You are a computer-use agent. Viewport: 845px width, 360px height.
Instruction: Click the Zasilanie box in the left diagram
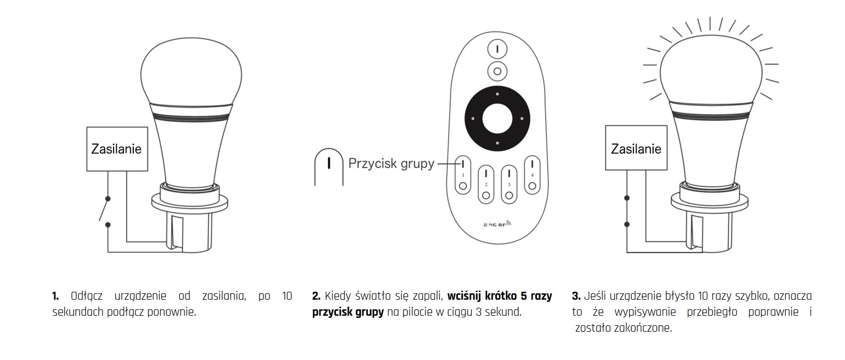tap(117, 149)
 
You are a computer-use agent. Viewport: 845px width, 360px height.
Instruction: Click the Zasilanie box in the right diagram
tap(636, 149)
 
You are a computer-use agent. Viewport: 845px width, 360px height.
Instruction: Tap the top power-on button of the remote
tap(497, 49)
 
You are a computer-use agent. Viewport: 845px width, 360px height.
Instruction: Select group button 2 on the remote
tap(486, 184)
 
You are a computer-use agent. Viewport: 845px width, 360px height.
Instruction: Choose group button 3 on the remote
tap(509, 184)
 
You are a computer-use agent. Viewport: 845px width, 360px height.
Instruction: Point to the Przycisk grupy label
tap(391, 163)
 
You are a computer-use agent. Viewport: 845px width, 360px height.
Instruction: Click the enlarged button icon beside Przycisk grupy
tap(328, 166)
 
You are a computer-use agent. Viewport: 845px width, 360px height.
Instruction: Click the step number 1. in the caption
tap(55, 296)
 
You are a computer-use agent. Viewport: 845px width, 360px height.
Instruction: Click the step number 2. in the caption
tap(316, 296)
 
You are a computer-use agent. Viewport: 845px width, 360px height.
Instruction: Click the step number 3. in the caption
tap(576, 296)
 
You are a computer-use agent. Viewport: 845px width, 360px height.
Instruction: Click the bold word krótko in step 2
tap(500, 296)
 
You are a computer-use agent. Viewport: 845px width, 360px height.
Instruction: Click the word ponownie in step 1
tap(176, 312)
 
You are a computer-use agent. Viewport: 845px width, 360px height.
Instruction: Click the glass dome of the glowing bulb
tap(710, 67)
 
